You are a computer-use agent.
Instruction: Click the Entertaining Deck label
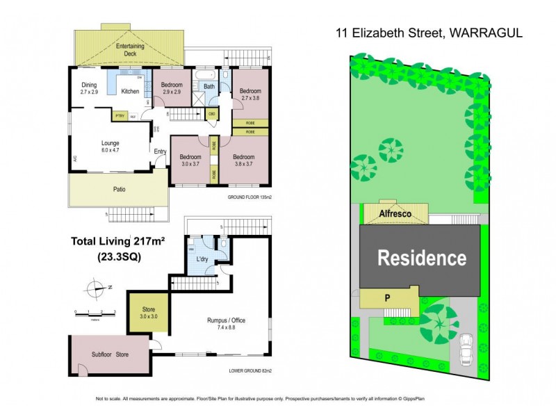click(129, 49)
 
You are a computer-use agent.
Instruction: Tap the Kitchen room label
click(131, 91)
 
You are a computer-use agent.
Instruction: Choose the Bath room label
click(209, 86)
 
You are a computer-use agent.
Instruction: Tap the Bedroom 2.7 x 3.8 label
click(250, 95)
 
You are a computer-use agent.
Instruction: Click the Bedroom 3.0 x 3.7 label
click(190, 160)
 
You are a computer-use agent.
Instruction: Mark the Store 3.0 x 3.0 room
click(147, 311)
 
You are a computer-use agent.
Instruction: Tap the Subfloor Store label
click(111, 355)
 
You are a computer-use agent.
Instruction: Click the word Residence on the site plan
click(421, 259)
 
